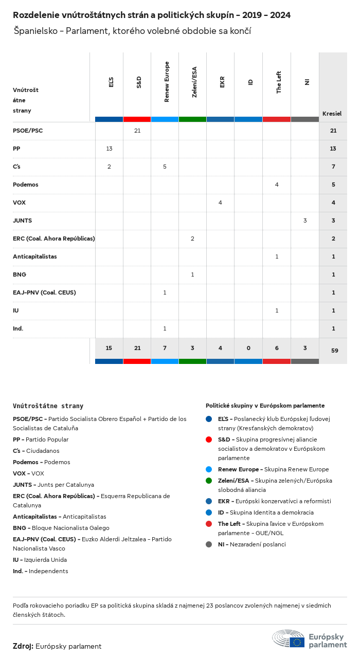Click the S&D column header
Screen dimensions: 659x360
coord(139,82)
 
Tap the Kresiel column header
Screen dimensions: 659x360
coord(332,114)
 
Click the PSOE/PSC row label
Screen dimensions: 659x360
coord(28,131)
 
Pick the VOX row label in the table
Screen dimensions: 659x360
coord(19,203)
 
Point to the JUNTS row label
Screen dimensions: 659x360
coord(22,221)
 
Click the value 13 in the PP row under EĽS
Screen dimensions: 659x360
coord(109,149)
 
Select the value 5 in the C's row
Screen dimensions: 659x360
coord(165,167)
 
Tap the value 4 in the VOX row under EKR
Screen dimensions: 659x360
coord(220,203)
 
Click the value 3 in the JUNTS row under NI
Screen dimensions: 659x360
coord(305,221)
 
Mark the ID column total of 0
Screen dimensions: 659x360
coord(248,348)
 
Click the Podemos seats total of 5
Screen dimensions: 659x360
coord(333,185)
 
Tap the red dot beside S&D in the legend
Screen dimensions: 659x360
coord(208,440)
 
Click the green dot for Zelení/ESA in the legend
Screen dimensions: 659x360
coord(208,481)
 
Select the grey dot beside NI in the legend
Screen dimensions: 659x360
coord(208,544)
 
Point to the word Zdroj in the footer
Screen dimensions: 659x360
coord(23,646)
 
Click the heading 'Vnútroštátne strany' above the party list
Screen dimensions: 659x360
coord(48,406)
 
